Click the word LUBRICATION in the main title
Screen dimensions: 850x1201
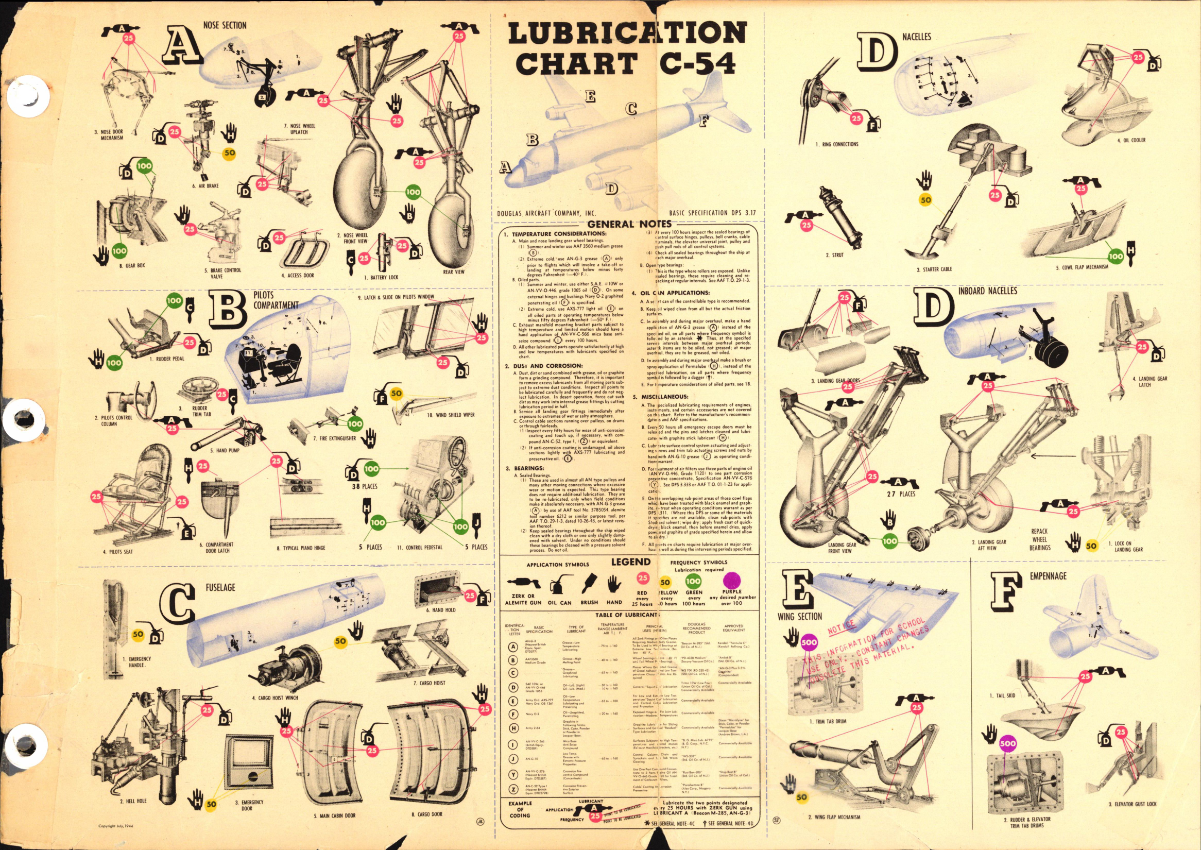pyautogui.click(x=627, y=33)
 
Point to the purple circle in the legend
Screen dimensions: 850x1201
pyautogui.click(x=732, y=580)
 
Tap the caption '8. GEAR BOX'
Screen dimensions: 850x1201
pyautogui.click(x=132, y=265)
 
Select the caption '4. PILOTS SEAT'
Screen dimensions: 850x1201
pyautogui.click(x=117, y=551)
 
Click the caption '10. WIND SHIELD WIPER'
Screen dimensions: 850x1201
pyautogui.click(x=451, y=415)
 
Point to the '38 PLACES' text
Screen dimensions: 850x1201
pyautogui.click(x=364, y=486)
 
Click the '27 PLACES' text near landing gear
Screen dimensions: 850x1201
pyautogui.click(x=901, y=494)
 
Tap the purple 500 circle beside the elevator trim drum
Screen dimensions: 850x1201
pyautogui.click(x=1007, y=743)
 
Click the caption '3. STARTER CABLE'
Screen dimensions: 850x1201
pyautogui.click(x=934, y=269)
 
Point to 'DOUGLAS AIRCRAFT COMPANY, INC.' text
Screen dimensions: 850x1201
pyautogui.click(x=546, y=214)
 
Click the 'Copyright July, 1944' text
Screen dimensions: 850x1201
pyautogui.click(x=116, y=826)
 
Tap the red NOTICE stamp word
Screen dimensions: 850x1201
pyautogui.click(x=842, y=627)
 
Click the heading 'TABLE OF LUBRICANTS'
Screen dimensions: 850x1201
pyautogui.click(x=626, y=615)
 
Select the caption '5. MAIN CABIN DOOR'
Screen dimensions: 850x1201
pyautogui.click(x=334, y=815)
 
